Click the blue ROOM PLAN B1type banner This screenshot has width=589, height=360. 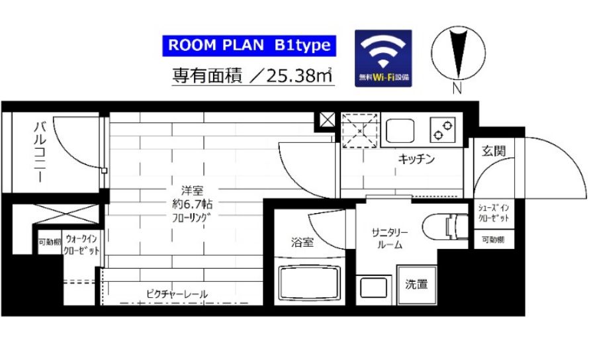pyautogui.click(x=249, y=46)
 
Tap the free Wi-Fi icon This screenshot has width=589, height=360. pyautogui.click(x=383, y=59)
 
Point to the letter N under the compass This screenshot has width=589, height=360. pyautogui.click(x=457, y=88)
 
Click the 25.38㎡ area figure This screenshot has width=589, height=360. pyautogui.click(x=299, y=75)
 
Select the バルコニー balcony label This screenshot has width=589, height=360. pyautogui.click(x=40, y=152)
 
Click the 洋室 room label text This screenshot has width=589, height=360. pyautogui.click(x=192, y=191)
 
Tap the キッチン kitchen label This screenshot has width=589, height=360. pyautogui.click(x=416, y=159)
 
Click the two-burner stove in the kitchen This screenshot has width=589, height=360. pyautogui.click(x=443, y=130)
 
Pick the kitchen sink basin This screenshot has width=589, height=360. pyautogui.click(x=400, y=131)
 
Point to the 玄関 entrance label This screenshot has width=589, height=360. pyautogui.click(x=494, y=151)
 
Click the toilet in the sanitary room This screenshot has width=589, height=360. pyautogui.click(x=445, y=226)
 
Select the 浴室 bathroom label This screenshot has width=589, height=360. pyautogui.click(x=302, y=242)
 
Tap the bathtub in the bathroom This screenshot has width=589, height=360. pyautogui.click(x=310, y=282)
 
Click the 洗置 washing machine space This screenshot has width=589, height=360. pyautogui.click(x=416, y=285)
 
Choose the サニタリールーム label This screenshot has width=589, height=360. pyautogui.click(x=390, y=239)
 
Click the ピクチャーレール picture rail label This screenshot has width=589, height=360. pyautogui.click(x=177, y=294)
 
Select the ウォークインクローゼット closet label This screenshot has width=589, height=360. pyautogui.click(x=81, y=245)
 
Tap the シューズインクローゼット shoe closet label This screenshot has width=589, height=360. pyautogui.click(x=494, y=212)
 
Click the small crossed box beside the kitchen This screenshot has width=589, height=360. pyautogui.click(x=327, y=120)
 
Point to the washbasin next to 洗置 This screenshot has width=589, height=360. pyautogui.click(x=373, y=288)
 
